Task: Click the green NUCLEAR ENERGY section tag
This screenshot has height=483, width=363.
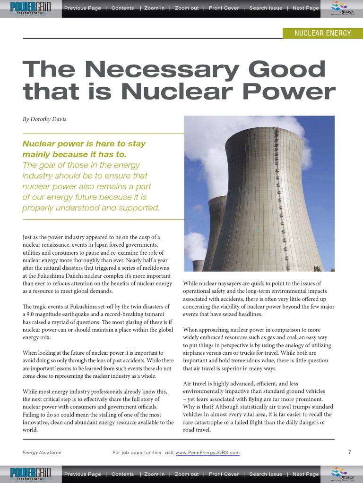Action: pyautogui.click(x=323, y=33)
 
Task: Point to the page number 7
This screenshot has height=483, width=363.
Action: pyautogui.click(x=349, y=452)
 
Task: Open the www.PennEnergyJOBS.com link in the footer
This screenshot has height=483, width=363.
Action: pyautogui.click(x=207, y=453)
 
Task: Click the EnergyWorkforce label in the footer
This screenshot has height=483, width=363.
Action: pyautogui.click(x=42, y=453)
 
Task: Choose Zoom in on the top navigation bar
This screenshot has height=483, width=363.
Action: pyautogui.click(x=155, y=8)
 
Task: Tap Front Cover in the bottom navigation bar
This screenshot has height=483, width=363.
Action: pyautogui.click(x=224, y=474)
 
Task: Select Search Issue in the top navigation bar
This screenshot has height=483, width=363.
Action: pyautogui.click(x=266, y=8)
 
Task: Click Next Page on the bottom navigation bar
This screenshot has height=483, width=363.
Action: pyautogui.click(x=306, y=474)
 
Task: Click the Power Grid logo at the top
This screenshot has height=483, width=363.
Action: pyautogui.click(x=31, y=8)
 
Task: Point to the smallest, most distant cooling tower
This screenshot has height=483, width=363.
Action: pyautogui.click(x=199, y=265)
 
